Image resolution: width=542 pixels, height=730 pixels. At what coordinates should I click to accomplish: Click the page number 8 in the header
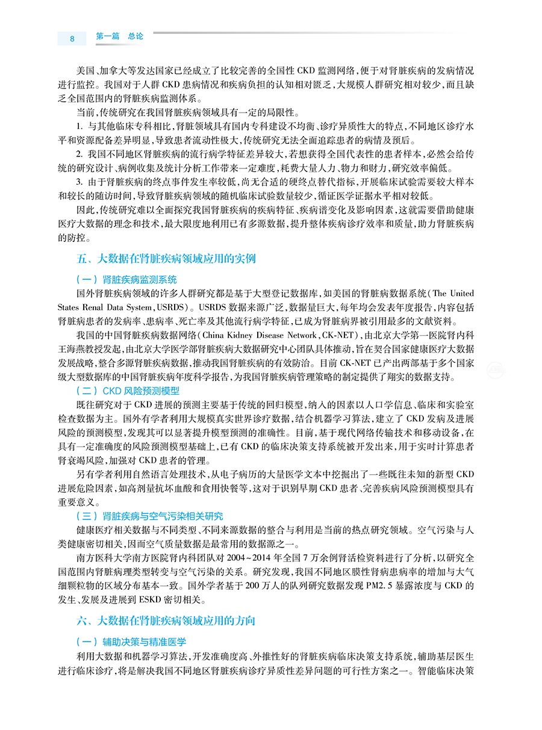point(72,39)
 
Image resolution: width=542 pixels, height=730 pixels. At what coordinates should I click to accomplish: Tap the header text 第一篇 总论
point(120,37)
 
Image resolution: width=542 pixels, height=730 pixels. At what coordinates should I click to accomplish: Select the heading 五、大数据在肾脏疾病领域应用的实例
point(166,259)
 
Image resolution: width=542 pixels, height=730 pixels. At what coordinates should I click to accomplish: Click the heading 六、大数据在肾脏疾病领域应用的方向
point(166,620)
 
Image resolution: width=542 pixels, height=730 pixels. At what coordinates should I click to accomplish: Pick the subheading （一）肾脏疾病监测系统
point(126,280)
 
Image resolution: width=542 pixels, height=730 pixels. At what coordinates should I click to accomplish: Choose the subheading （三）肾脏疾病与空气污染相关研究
point(150,516)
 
